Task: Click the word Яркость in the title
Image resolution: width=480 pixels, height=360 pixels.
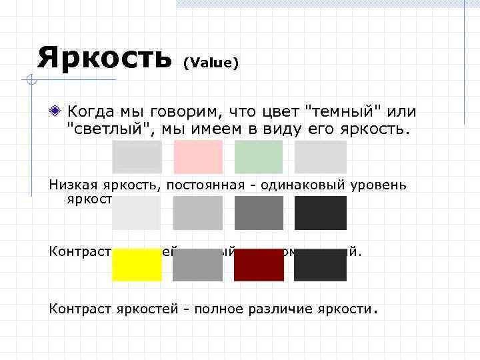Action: [104, 57]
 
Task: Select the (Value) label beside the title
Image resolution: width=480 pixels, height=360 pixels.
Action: [211, 63]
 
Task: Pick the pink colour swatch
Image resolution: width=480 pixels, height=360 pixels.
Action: [197, 157]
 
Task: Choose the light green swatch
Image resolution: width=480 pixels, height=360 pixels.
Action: [259, 157]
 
